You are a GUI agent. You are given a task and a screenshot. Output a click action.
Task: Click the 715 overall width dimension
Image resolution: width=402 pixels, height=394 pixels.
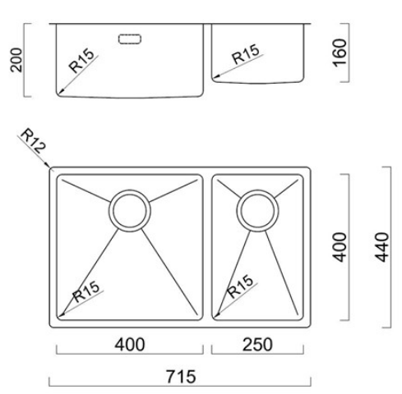tap(181, 377)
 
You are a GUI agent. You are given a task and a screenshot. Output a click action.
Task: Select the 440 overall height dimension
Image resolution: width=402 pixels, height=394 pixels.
tap(381, 247)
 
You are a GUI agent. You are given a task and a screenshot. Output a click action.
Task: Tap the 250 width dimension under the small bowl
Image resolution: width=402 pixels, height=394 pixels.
tap(257, 345)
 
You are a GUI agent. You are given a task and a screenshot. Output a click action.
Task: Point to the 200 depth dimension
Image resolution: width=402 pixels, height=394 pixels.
tap(16, 60)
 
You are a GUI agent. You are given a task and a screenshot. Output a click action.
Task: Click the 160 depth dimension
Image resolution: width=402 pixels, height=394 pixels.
tap(340, 53)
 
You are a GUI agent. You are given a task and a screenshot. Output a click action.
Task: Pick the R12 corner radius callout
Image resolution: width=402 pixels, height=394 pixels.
tap(33, 141)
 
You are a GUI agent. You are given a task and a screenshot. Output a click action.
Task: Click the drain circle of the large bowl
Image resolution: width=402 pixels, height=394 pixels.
tap(130, 211)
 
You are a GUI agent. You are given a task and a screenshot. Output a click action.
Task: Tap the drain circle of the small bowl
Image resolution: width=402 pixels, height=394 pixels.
tap(257, 211)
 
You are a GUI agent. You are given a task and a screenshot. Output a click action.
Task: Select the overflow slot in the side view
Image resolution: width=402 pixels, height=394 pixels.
tap(130, 39)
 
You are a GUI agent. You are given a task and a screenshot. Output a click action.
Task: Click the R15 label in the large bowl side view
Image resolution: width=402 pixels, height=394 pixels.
tap(81, 61)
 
